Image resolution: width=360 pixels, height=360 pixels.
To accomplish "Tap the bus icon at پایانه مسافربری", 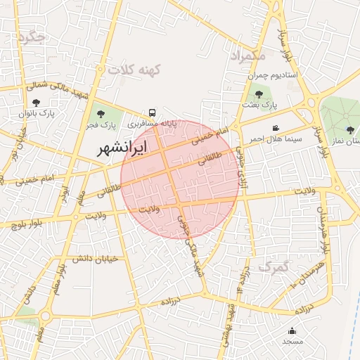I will (153, 113).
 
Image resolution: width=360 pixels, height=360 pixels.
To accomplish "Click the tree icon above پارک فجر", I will (101, 113).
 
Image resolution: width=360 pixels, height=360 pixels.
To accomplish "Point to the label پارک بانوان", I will (37, 112).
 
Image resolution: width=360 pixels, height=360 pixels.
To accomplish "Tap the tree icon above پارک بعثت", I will (259, 94).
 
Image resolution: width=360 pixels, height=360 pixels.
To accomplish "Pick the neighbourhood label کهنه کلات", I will (135, 69).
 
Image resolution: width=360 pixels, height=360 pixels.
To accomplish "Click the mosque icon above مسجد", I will (292, 331).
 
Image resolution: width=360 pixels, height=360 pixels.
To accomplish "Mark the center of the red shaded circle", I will (180, 180).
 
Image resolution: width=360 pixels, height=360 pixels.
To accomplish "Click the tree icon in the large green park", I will (350, 129).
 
